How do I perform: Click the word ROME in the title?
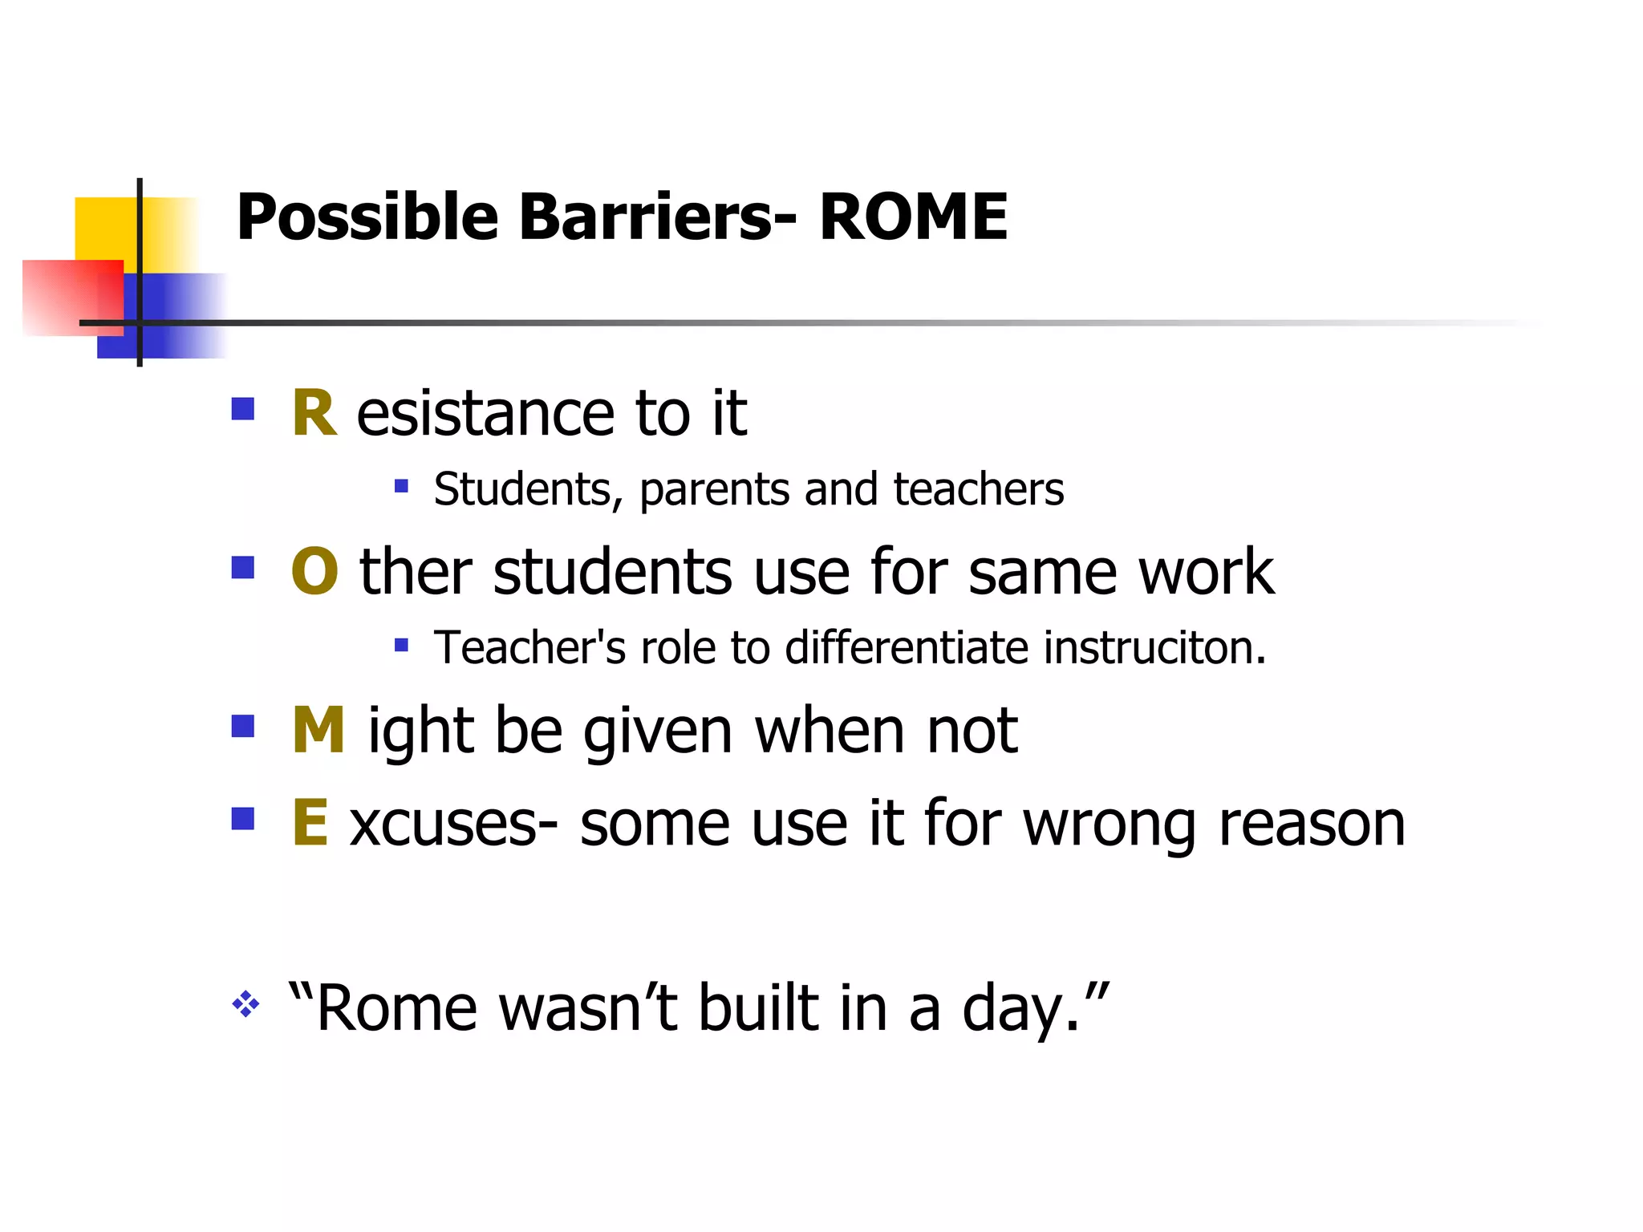coord(913,217)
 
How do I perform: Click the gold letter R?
coord(314,414)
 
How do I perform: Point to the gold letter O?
coord(314,571)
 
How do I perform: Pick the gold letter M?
coord(318,730)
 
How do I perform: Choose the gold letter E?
coord(310,822)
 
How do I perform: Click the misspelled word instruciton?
coord(1154,647)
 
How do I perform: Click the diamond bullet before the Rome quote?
coord(245,1004)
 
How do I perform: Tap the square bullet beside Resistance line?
coord(242,409)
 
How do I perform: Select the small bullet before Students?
coord(401,486)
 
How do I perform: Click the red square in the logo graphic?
coord(68,297)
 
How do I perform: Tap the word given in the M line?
coord(658,731)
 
